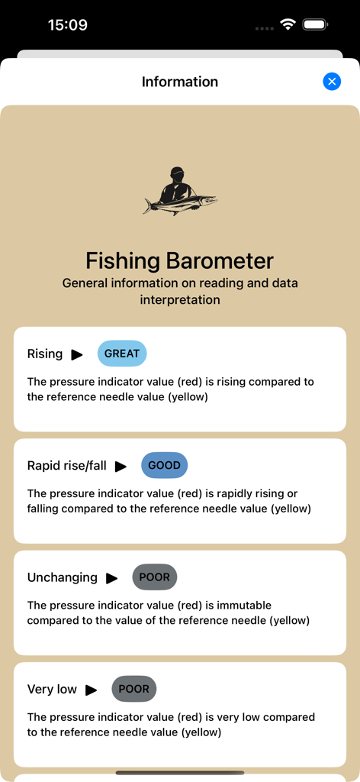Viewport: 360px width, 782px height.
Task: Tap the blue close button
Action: pyautogui.click(x=332, y=82)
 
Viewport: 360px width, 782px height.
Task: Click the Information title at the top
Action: pyautogui.click(x=180, y=82)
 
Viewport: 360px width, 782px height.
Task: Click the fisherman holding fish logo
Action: pyautogui.click(x=180, y=191)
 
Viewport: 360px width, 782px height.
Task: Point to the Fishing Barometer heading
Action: pyautogui.click(x=180, y=260)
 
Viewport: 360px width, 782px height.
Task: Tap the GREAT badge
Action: pyautogui.click(x=122, y=354)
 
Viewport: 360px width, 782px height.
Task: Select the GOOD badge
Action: pyautogui.click(x=164, y=465)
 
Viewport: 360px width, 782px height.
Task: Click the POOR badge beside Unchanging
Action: pyautogui.click(x=155, y=577)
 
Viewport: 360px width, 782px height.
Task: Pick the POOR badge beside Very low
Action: pyautogui.click(x=134, y=689)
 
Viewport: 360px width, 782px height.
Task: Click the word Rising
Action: pyautogui.click(x=45, y=354)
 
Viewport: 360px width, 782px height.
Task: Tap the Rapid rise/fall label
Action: pyautogui.click(x=67, y=465)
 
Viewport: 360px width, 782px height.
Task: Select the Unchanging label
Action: pyautogui.click(x=63, y=577)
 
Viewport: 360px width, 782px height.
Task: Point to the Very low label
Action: pyautogui.click(x=52, y=689)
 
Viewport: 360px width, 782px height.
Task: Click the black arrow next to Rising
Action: pyautogui.click(x=77, y=354)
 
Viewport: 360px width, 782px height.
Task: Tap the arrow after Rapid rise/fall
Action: pyautogui.click(x=121, y=466)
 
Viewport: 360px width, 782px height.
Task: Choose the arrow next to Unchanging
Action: pyautogui.click(x=112, y=578)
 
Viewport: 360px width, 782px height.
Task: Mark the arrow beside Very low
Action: pyautogui.click(x=92, y=690)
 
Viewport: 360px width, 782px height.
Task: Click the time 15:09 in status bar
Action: pyautogui.click(x=68, y=24)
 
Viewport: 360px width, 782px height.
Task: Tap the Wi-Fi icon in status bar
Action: pyautogui.click(x=288, y=24)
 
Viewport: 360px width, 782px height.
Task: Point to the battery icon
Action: pyautogui.click(x=315, y=24)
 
